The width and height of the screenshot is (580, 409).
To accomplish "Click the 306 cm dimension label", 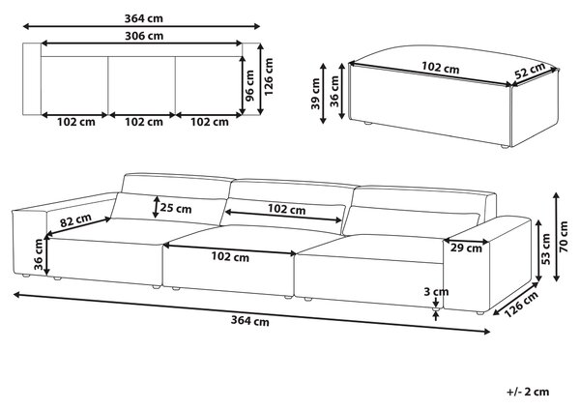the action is [x=144, y=36].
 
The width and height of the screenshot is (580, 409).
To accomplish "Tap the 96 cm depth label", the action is [x=250, y=85].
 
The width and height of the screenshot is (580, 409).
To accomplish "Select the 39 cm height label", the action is [x=315, y=94].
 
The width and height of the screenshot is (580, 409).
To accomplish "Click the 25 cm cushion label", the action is [x=176, y=209].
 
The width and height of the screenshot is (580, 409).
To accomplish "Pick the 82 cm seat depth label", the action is [x=75, y=220].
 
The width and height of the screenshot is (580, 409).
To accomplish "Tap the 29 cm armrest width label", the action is [x=466, y=248].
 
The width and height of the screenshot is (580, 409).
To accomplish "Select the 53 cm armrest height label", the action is [x=546, y=249].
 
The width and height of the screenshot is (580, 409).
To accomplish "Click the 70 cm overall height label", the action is [x=564, y=237].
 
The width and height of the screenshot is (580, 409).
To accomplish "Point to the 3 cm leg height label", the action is [x=436, y=292].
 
